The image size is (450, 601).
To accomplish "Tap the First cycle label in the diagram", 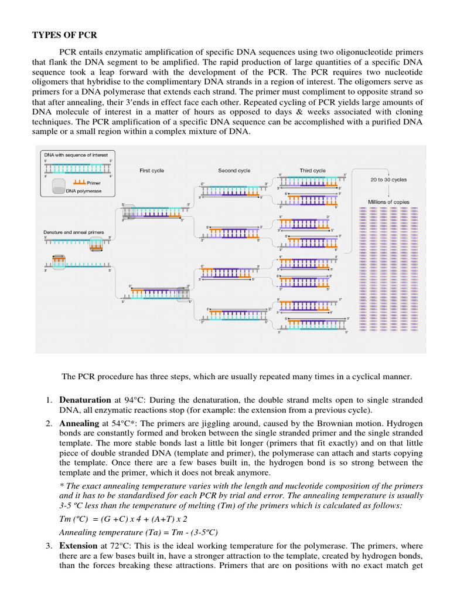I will [152, 171].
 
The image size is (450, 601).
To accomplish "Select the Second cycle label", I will [234, 171].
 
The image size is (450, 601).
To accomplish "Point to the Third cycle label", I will [312, 171].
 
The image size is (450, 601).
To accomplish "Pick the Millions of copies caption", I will [388, 202].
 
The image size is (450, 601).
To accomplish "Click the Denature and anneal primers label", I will [74, 232].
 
